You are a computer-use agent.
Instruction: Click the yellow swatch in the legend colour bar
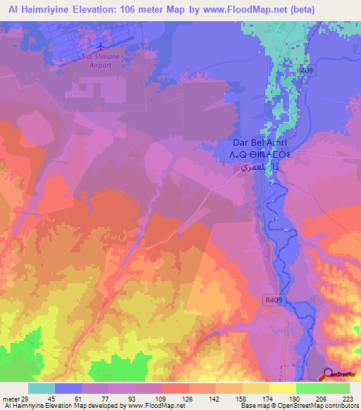coord(281,389)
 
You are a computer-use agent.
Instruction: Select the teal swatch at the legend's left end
coord(41,389)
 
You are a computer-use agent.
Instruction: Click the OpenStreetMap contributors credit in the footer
coord(307,406)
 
